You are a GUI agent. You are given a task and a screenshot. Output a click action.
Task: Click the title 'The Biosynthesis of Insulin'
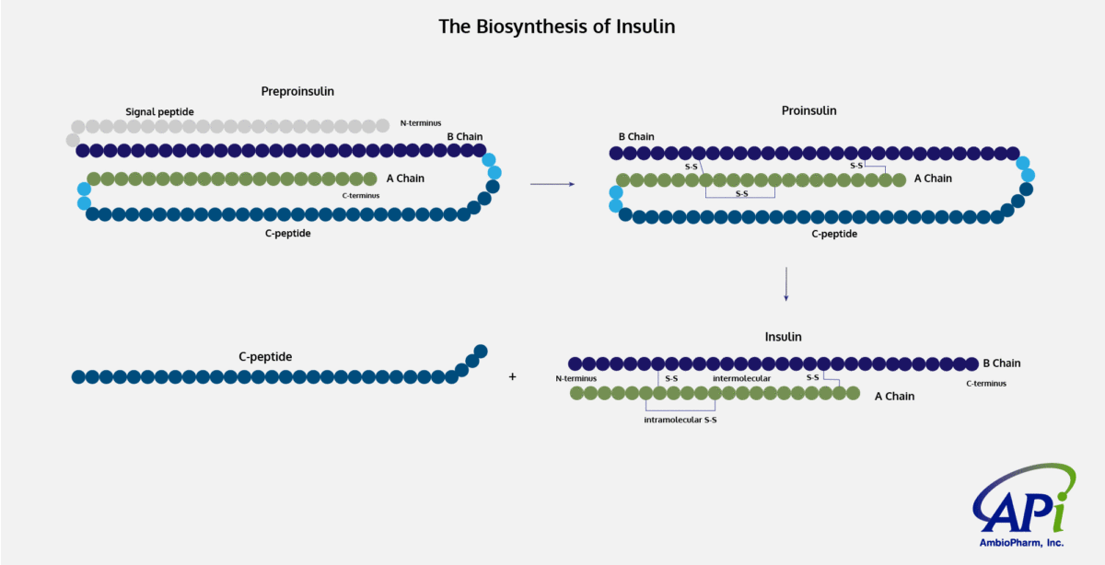point(556,27)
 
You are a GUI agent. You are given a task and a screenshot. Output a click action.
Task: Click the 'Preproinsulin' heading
point(297,91)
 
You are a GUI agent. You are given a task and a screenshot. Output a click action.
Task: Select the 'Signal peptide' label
point(159,111)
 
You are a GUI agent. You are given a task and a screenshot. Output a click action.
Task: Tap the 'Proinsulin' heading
point(808,110)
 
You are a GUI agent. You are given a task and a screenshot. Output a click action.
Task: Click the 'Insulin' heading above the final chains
point(783,337)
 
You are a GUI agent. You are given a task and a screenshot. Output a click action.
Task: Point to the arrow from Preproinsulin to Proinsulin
point(552,184)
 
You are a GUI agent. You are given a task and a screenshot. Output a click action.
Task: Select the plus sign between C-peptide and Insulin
point(513,376)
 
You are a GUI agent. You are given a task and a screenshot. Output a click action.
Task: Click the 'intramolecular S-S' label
point(680,420)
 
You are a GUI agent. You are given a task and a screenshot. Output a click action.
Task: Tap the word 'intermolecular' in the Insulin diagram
point(741,378)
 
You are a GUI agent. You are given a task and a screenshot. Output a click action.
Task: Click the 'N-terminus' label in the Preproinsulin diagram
point(421,122)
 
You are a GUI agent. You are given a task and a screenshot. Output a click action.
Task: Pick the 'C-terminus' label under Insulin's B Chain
point(985,383)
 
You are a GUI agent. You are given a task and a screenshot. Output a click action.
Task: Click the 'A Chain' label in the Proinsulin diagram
point(933,179)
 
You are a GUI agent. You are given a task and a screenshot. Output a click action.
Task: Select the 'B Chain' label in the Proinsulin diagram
point(636,137)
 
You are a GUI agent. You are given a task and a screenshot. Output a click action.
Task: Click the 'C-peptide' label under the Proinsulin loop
point(833,234)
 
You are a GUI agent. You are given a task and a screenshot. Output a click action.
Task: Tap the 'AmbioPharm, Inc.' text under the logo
point(1019,543)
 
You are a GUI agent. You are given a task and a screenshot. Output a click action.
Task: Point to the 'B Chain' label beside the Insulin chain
point(1001,363)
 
